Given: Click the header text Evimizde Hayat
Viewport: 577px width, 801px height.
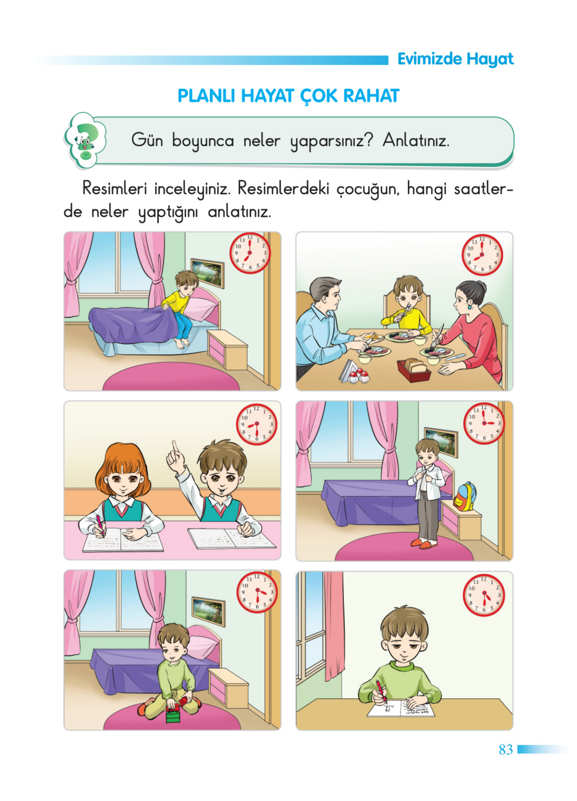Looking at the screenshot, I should [455, 59].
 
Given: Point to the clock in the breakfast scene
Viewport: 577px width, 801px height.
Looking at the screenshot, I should [482, 255].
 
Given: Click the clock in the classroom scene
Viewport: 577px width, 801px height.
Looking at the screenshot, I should [257, 424].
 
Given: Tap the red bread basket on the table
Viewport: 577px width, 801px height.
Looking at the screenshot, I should [413, 370].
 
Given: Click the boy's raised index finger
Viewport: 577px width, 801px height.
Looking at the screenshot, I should [175, 446].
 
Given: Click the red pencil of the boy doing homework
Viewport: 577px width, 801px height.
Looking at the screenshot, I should [380, 690].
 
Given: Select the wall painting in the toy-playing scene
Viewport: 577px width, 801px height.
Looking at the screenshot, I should [208, 611].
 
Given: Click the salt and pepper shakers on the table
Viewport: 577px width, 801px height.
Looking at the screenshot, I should [359, 376].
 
